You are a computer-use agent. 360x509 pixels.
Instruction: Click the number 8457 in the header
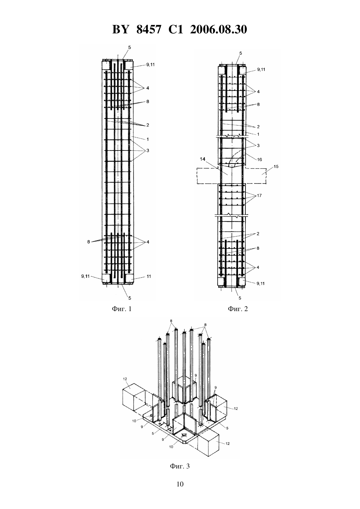click(149, 29)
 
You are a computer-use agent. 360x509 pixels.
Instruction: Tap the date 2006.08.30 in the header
click(218, 29)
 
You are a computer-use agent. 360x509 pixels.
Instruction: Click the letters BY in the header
click(120, 29)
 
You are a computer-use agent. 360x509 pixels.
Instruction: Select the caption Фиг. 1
click(122, 309)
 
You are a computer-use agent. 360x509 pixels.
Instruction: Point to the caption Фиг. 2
click(238, 309)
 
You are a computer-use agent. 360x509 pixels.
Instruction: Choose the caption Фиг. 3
click(180, 466)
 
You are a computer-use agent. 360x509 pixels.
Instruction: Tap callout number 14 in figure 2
click(203, 159)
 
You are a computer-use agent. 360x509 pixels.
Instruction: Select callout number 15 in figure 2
click(276, 167)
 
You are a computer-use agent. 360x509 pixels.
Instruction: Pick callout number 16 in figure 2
click(259, 159)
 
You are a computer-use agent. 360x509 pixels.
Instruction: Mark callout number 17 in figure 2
click(259, 195)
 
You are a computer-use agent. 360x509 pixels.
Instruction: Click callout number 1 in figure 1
click(148, 139)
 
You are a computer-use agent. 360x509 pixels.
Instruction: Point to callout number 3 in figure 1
click(148, 150)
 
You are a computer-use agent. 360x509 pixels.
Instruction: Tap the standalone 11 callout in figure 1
click(149, 276)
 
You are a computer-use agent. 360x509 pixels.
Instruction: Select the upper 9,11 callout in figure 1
click(150, 64)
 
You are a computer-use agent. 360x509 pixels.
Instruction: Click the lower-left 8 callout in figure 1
click(88, 242)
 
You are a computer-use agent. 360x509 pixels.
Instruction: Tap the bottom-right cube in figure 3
click(208, 445)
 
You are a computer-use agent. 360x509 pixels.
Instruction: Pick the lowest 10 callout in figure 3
click(171, 447)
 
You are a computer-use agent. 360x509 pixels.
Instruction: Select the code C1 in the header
click(176, 29)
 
